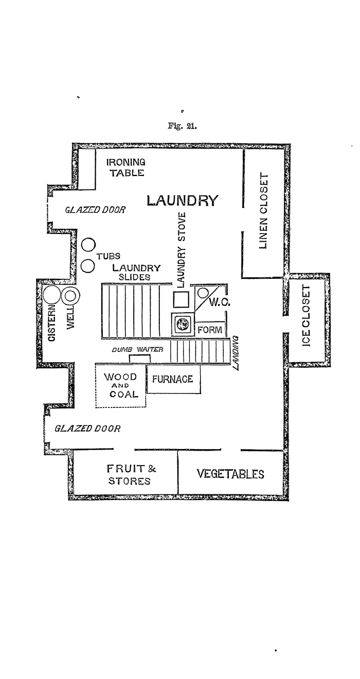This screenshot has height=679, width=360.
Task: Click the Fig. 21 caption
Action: (x=182, y=126)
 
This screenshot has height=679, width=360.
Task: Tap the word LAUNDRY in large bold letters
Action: (x=183, y=201)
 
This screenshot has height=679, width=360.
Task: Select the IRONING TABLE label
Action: (x=126, y=168)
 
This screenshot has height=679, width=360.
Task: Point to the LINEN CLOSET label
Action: (x=264, y=211)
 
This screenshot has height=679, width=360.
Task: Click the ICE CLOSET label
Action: (x=306, y=316)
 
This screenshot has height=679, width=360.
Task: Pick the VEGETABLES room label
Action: (x=230, y=474)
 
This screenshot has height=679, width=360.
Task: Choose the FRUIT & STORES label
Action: (x=131, y=475)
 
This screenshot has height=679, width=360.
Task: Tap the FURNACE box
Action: (x=173, y=379)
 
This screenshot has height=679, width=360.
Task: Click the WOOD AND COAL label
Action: (x=121, y=386)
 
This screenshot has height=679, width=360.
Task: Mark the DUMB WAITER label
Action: (x=137, y=349)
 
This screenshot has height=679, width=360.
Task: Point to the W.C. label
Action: (x=220, y=302)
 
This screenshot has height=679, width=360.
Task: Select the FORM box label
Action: (x=210, y=330)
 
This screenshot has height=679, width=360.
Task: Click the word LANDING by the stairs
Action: (x=236, y=353)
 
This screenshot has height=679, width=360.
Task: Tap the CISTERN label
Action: (x=52, y=323)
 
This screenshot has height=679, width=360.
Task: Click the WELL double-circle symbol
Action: (x=70, y=296)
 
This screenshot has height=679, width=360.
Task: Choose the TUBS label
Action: (x=109, y=257)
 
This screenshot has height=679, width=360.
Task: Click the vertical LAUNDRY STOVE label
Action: (x=181, y=250)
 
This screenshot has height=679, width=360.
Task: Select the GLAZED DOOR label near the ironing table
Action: (x=95, y=210)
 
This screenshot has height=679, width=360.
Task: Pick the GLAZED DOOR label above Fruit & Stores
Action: (x=87, y=428)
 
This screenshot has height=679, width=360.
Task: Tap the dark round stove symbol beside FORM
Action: (x=183, y=324)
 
